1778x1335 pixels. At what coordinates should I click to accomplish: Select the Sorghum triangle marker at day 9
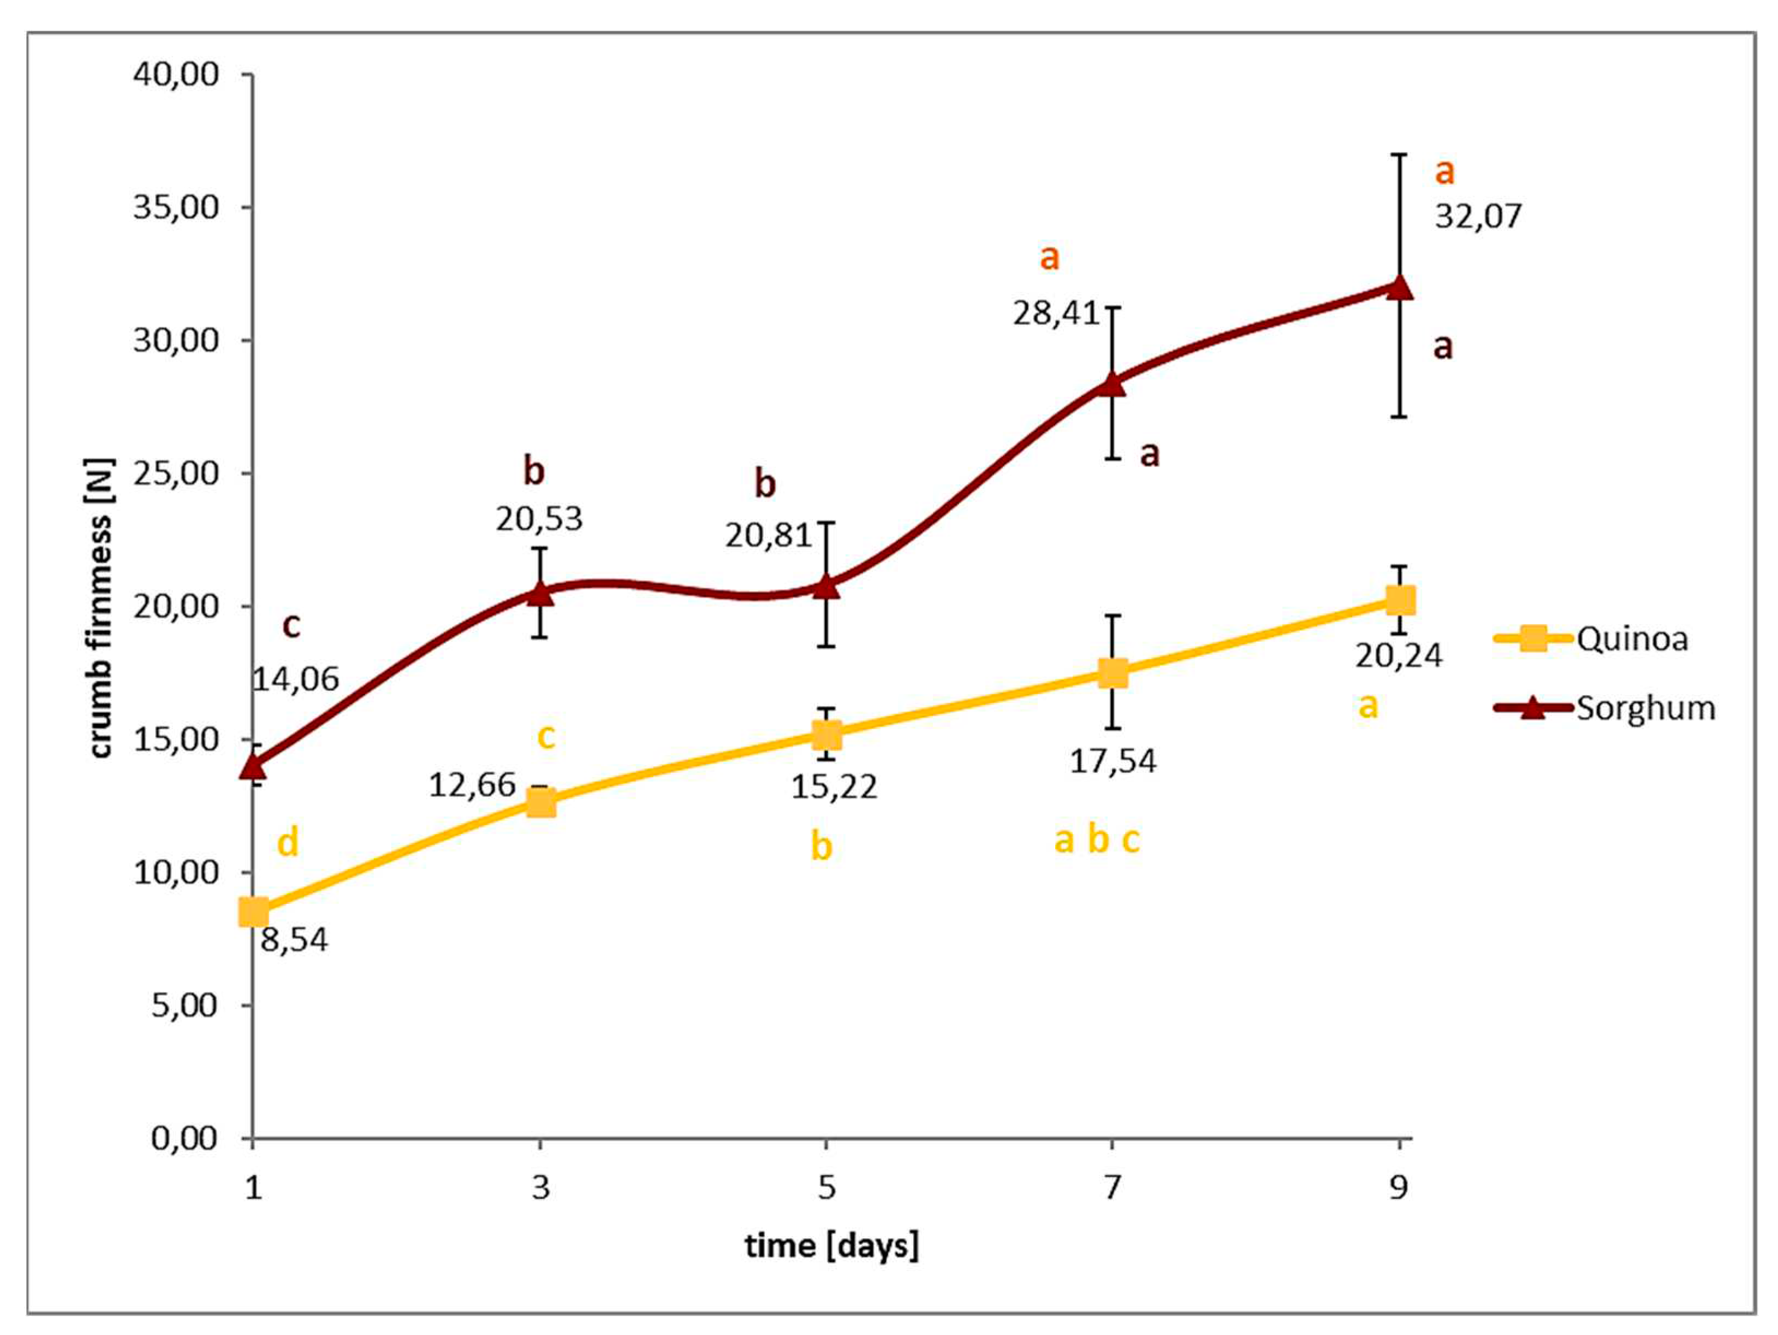coord(1399,287)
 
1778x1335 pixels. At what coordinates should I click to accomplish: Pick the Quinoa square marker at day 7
coord(1113,672)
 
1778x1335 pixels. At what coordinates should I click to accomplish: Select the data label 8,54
coord(294,940)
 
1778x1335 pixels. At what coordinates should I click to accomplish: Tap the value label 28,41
coord(1055,313)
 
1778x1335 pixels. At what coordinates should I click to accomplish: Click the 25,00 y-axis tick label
coord(176,473)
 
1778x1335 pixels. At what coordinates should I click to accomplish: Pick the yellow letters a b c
coord(1096,840)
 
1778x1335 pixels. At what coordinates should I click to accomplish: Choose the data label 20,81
coord(769,535)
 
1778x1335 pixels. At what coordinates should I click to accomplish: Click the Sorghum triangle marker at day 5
coord(826,586)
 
